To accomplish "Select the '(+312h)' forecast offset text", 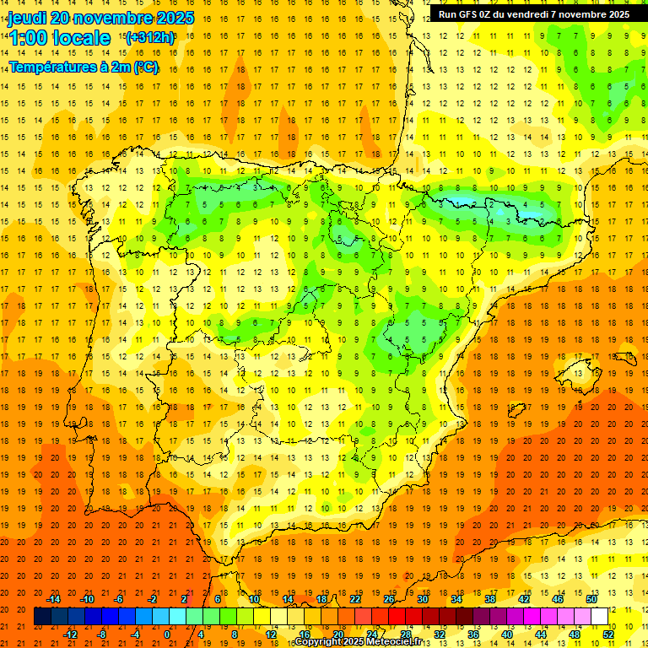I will [149, 37].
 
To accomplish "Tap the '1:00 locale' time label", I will [59, 38].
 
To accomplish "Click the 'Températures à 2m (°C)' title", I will [84, 67].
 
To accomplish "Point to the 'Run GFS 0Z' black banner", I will [533, 13].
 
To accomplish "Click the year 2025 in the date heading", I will [173, 18].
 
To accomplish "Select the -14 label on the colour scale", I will [53, 599].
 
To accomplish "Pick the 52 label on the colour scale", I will [607, 634].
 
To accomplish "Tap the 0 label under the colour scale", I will [167, 634].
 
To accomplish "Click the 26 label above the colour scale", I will [389, 599].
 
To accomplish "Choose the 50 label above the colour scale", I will [591, 599].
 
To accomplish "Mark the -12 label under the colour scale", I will [70, 634].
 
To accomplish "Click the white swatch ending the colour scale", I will [599, 617].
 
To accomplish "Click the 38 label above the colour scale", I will [490, 599].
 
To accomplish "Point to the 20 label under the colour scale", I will [337, 634].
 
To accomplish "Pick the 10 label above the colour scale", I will [254, 599].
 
